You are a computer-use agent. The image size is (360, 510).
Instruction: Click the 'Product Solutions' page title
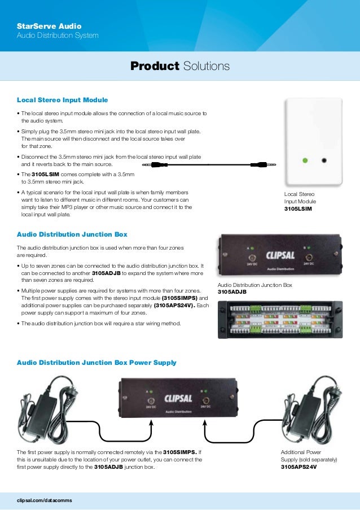180,67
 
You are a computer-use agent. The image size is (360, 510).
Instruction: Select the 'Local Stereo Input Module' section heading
62,100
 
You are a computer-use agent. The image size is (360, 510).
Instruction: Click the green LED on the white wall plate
305,160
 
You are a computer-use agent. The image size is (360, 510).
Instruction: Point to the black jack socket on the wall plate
324,160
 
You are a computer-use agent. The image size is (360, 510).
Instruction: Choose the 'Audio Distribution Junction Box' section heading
72,234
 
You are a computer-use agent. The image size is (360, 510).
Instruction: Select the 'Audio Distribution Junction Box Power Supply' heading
96,363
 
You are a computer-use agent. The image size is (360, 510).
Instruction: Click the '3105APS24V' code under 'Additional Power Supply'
300,467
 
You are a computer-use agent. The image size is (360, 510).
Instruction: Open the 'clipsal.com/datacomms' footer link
45,500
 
